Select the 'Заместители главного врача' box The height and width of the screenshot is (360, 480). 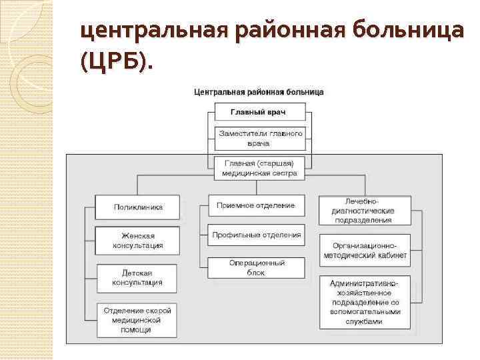259,138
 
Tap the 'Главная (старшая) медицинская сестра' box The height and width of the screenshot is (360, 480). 259,167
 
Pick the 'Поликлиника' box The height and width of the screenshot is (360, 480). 137,207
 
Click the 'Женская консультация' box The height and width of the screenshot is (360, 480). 137,241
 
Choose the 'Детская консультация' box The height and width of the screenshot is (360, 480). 137,278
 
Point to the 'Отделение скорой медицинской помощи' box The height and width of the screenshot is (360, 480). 137,320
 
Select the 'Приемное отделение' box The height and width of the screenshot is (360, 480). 256,205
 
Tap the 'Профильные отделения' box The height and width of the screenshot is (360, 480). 256,235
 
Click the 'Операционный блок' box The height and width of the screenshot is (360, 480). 256,267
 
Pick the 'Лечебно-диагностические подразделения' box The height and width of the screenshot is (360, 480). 364,210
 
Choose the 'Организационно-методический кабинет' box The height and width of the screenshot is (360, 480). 364,250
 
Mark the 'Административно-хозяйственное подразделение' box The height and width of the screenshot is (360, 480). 364,302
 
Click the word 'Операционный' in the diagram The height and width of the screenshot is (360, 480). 257,263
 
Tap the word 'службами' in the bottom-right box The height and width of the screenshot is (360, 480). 365,321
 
